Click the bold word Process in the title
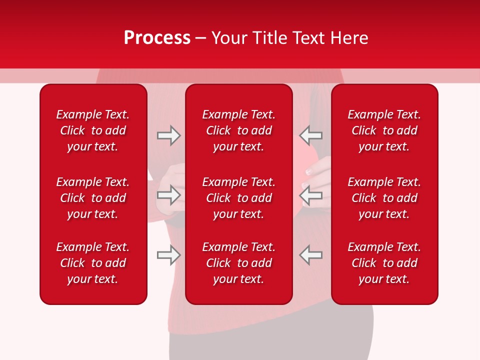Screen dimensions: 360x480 [157, 38]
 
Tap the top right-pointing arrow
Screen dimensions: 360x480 [168, 135]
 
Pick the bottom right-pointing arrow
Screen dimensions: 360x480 [168, 254]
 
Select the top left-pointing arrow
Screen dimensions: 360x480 [310, 135]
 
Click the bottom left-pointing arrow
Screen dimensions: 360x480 [310, 254]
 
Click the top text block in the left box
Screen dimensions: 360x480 [93, 130]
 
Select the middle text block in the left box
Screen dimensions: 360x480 [93, 198]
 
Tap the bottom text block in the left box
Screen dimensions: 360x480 [93, 263]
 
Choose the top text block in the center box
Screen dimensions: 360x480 [238, 130]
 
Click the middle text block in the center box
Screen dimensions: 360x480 [238, 198]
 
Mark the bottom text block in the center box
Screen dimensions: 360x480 [238, 263]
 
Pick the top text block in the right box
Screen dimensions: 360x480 [384, 130]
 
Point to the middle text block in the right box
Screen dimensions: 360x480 [384, 198]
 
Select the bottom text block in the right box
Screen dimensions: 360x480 [384, 263]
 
